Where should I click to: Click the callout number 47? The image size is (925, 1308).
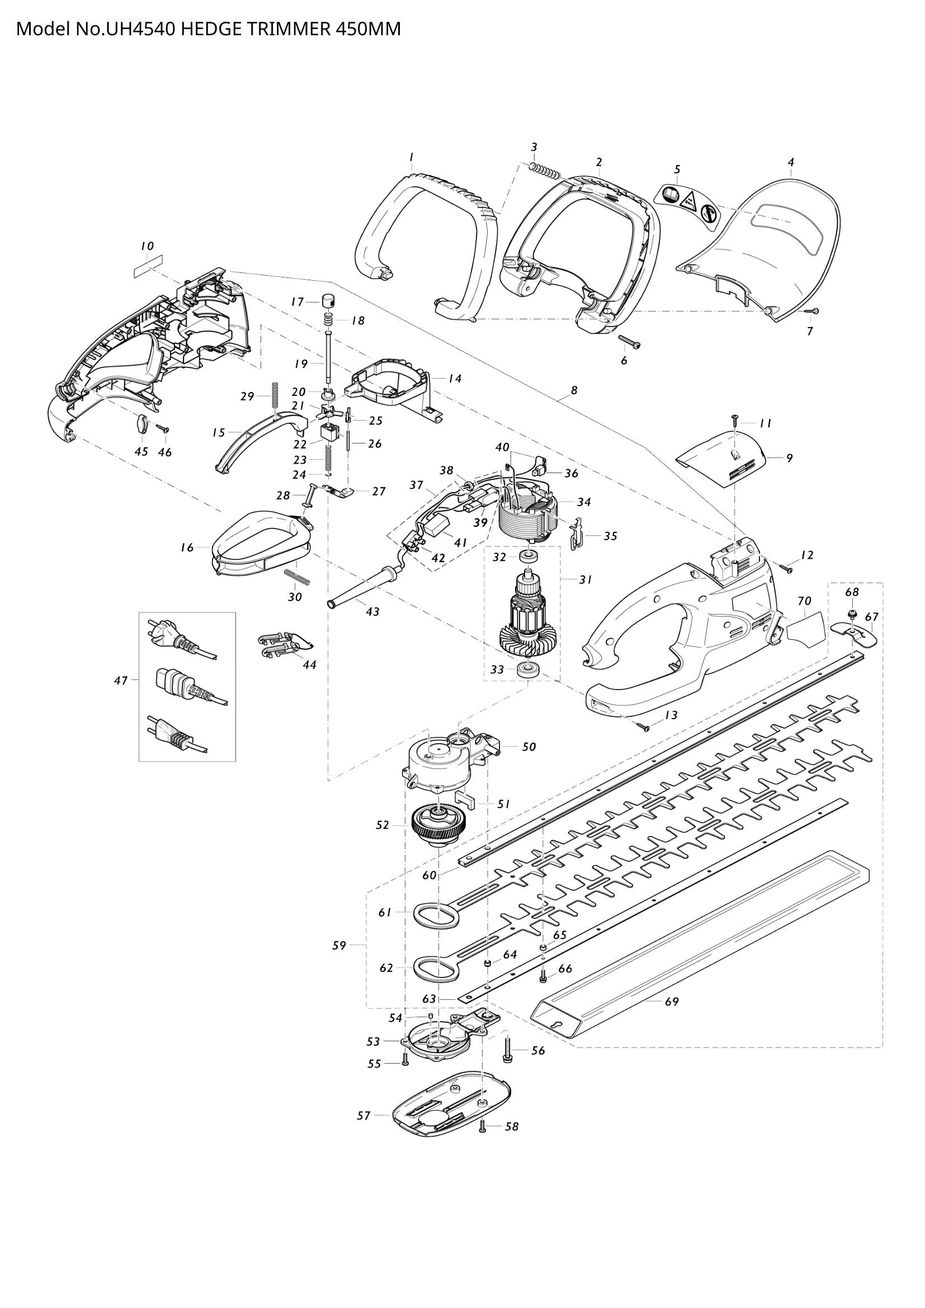coord(120,679)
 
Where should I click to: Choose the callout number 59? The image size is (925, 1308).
coord(339,945)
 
